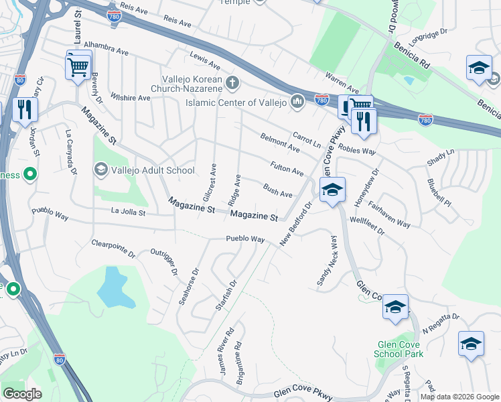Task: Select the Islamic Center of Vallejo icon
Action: click(298, 102)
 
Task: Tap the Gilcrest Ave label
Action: click(208, 182)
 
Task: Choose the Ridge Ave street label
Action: click(234, 190)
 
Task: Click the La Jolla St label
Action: click(128, 212)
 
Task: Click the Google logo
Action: click(22, 393)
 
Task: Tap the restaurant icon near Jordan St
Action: click(25, 111)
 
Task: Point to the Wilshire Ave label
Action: click(131, 98)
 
